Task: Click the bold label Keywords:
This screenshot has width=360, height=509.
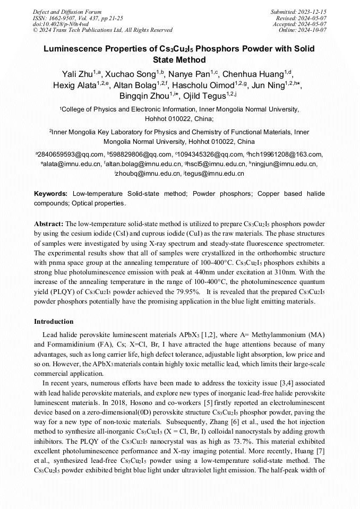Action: pos(51,194)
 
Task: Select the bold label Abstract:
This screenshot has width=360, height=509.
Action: pos(48,225)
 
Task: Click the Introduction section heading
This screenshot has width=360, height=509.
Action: pos(54,321)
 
